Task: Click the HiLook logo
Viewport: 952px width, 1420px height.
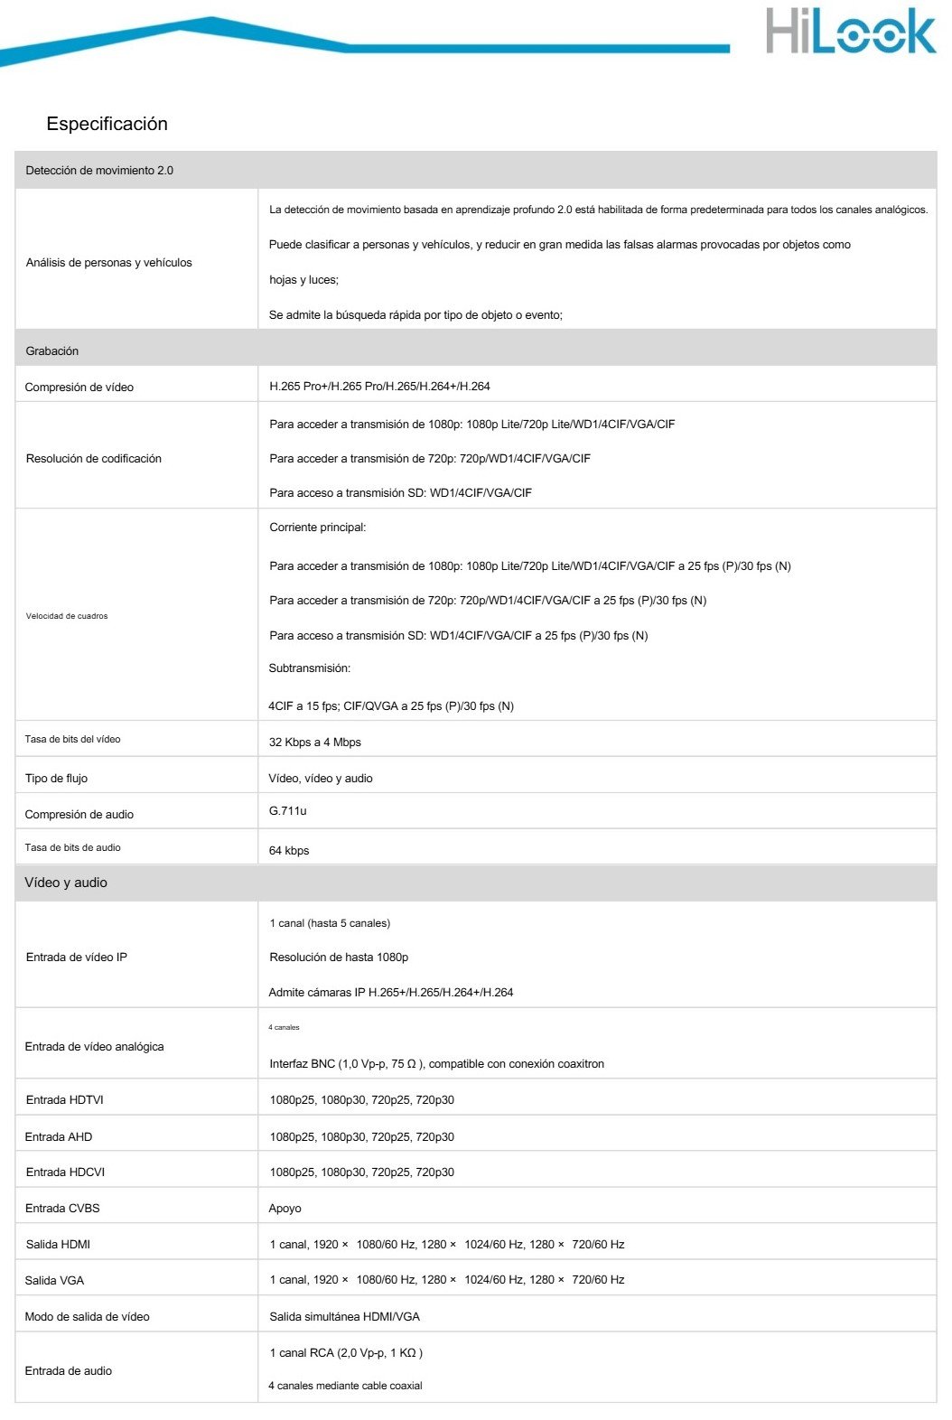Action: pos(850,33)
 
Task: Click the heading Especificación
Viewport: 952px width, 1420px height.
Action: pos(107,124)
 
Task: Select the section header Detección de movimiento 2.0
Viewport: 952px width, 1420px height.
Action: pos(99,171)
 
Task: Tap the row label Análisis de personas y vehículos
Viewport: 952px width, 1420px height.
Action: pos(108,263)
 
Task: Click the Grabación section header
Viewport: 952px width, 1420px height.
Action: pos(51,351)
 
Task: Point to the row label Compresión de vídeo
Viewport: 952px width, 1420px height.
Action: pos(79,388)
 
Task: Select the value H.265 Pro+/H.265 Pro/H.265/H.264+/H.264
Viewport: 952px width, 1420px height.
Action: pos(379,387)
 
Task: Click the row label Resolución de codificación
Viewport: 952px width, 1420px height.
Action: pos(94,459)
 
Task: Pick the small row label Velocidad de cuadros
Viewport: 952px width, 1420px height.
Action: pos(67,616)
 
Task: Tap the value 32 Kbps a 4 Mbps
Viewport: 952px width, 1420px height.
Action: pos(314,743)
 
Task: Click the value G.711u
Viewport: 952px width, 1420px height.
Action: pos(287,811)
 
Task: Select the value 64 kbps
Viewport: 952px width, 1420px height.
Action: pos(289,851)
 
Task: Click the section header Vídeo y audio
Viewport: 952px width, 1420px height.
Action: pos(66,883)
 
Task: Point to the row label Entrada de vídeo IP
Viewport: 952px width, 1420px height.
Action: pos(77,958)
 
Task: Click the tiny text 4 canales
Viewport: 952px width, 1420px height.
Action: pos(284,1028)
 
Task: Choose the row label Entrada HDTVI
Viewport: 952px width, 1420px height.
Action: pos(65,1100)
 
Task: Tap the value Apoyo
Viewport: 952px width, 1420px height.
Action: pos(285,1209)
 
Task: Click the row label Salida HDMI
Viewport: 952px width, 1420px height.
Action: pos(58,1245)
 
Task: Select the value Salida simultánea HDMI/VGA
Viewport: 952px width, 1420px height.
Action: pos(344,1317)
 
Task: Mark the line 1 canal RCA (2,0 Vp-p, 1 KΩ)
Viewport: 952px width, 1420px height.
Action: pos(346,1353)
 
